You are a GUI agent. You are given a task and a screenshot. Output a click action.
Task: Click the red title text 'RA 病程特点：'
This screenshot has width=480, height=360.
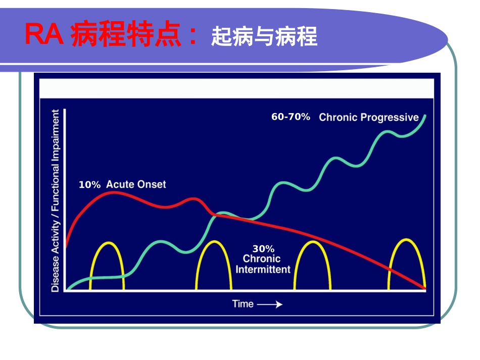click(x=111, y=36)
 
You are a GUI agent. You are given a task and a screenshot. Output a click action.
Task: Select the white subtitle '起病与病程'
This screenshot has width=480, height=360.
click(x=264, y=37)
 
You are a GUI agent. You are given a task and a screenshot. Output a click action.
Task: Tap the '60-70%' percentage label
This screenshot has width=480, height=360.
click(x=291, y=117)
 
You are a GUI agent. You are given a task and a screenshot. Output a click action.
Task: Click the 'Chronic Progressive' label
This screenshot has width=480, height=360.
click(x=368, y=118)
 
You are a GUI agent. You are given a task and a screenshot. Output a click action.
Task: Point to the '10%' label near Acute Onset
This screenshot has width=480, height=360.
click(x=89, y=185)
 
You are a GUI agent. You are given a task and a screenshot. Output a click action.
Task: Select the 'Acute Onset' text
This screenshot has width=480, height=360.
click(x=135, y=184)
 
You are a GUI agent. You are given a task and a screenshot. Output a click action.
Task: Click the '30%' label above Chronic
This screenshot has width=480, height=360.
click(x=263, y=249)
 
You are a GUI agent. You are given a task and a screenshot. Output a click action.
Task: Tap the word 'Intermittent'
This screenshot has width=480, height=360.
click(x=263, y=269)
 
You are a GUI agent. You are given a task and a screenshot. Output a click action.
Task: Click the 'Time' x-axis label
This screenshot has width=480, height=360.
click(x=243, y=304)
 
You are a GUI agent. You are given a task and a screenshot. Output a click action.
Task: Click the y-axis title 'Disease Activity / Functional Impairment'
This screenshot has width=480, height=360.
click(x=55, y=200)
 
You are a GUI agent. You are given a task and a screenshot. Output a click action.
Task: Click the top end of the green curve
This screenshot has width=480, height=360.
click(x=425, y=116)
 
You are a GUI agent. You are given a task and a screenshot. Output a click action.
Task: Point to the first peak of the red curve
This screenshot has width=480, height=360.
click(x=112, y=192)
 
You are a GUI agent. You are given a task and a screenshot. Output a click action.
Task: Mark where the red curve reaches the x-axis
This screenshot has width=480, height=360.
click(x=425, y=289)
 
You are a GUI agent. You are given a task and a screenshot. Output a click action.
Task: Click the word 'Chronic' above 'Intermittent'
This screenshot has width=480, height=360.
click(x=262, y=259)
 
